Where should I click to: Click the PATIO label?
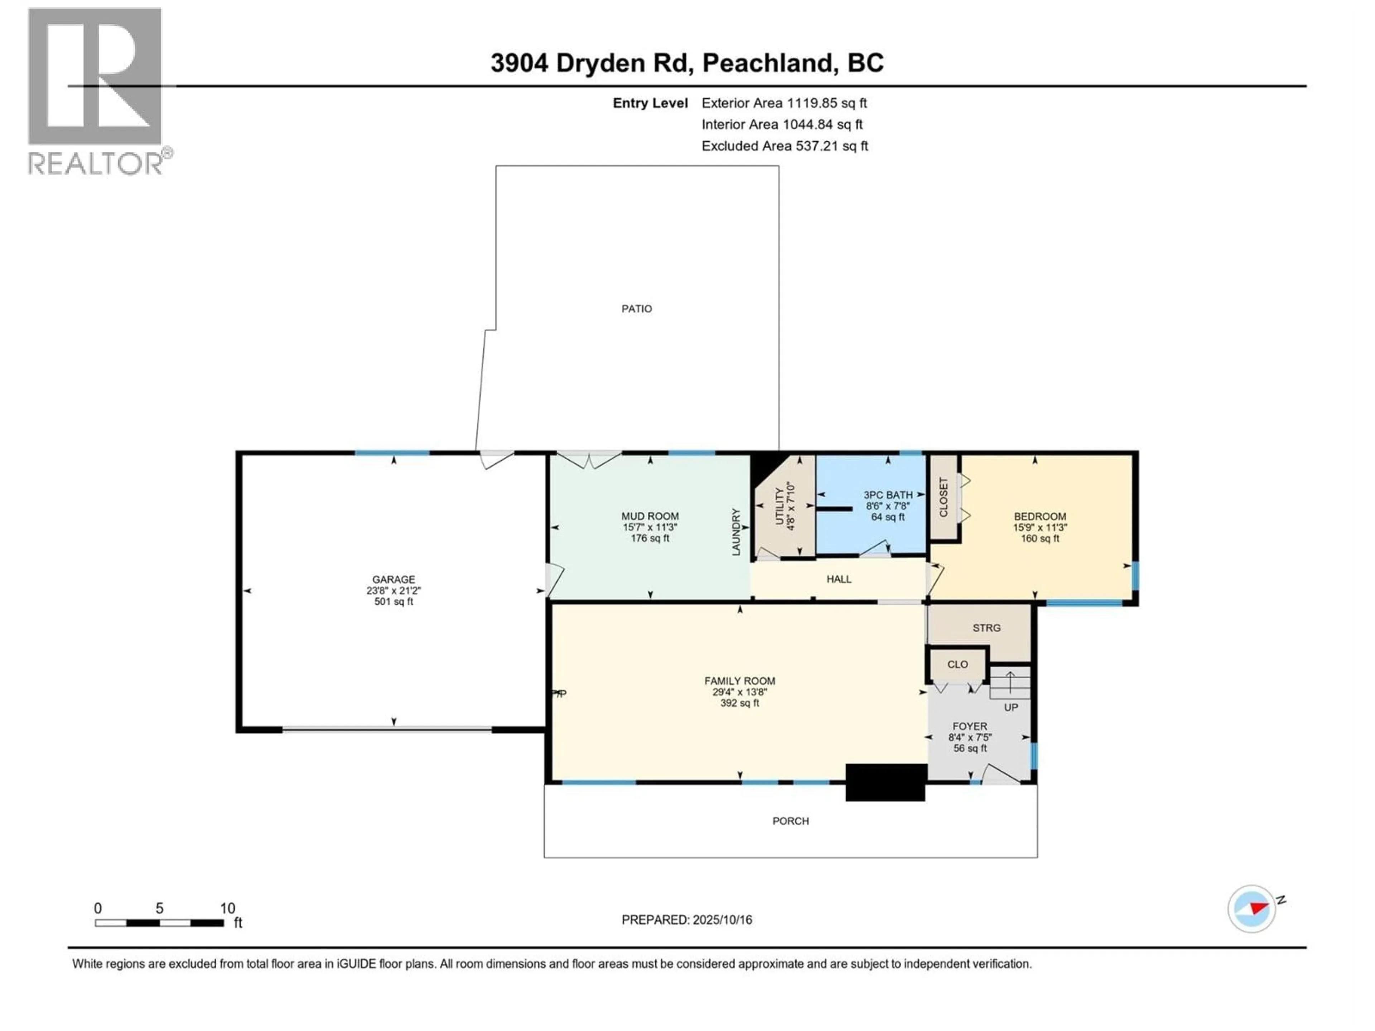click(x=637, y=309)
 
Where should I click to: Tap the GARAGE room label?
click(x=394, y=579)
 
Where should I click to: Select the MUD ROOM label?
click(x=650, y=516)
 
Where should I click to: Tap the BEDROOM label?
click(x=1039, y=517)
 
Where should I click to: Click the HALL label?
click(x=839, y=579)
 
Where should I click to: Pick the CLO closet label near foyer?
click(x=957, y=664)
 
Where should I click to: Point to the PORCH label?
click(x=790, y=821)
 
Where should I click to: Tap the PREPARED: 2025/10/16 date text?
click(x=686, y=920)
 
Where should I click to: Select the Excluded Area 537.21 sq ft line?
click(x=785, y=146)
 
